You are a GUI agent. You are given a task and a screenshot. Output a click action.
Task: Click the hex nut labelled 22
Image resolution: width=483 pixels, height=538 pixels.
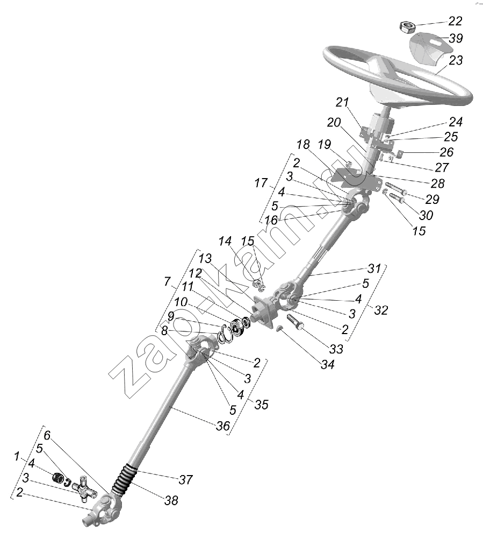[x=407, y=26]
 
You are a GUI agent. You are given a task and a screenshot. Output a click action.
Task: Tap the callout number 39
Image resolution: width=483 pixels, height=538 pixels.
[x=456, y=38]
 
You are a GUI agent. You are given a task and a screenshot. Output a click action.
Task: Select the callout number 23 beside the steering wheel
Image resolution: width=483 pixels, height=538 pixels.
[x=456, y=60]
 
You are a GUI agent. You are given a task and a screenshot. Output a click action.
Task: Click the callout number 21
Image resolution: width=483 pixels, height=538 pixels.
[x=342, y=102]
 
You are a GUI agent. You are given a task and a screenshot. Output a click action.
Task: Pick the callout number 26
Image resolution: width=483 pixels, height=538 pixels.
[x=446, y=152]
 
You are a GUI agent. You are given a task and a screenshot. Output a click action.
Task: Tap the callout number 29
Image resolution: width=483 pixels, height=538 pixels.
[x=432, y=200]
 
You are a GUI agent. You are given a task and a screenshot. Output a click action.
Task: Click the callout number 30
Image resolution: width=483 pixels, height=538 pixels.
[x=426, y=215]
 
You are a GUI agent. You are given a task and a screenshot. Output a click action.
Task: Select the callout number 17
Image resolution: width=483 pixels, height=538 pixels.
[x=261, y=183]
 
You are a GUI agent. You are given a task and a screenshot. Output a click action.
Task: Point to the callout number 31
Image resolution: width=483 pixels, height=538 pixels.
[x=374, y=268]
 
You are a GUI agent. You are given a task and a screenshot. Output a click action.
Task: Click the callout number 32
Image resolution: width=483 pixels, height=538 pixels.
[x=381, y=310]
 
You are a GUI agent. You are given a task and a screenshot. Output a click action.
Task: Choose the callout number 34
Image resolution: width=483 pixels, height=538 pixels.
[x=328, y=364]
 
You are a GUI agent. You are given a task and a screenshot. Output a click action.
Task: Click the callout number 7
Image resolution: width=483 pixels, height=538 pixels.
[x=167, y=282]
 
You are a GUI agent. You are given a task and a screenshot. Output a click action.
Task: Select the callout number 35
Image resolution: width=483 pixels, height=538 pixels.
[x=261, y=405]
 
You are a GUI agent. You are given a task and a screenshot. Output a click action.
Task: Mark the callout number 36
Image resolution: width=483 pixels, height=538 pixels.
[x=222, y=426]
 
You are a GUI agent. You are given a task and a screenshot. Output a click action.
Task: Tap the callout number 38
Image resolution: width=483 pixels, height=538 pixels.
[x=171, y=500]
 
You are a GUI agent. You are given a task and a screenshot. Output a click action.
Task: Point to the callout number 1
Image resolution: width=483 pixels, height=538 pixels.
[x=17, y=457]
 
